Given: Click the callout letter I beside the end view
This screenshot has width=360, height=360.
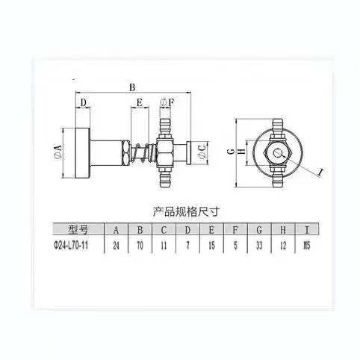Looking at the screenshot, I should (320, 173).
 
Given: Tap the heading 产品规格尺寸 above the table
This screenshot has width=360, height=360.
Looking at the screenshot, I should (180, 211).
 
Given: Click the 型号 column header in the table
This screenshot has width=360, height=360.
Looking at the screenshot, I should (78, 229).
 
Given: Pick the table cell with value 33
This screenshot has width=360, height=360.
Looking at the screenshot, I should (259, 244).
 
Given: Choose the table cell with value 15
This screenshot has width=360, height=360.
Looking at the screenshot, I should (211, 244).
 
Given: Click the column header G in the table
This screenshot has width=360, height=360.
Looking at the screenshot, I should (259, 229).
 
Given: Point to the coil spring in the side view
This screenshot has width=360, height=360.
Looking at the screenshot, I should (140, 154).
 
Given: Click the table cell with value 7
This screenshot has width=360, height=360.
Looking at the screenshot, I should (188, 244).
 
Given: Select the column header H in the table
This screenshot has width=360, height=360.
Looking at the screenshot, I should (283, 229).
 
